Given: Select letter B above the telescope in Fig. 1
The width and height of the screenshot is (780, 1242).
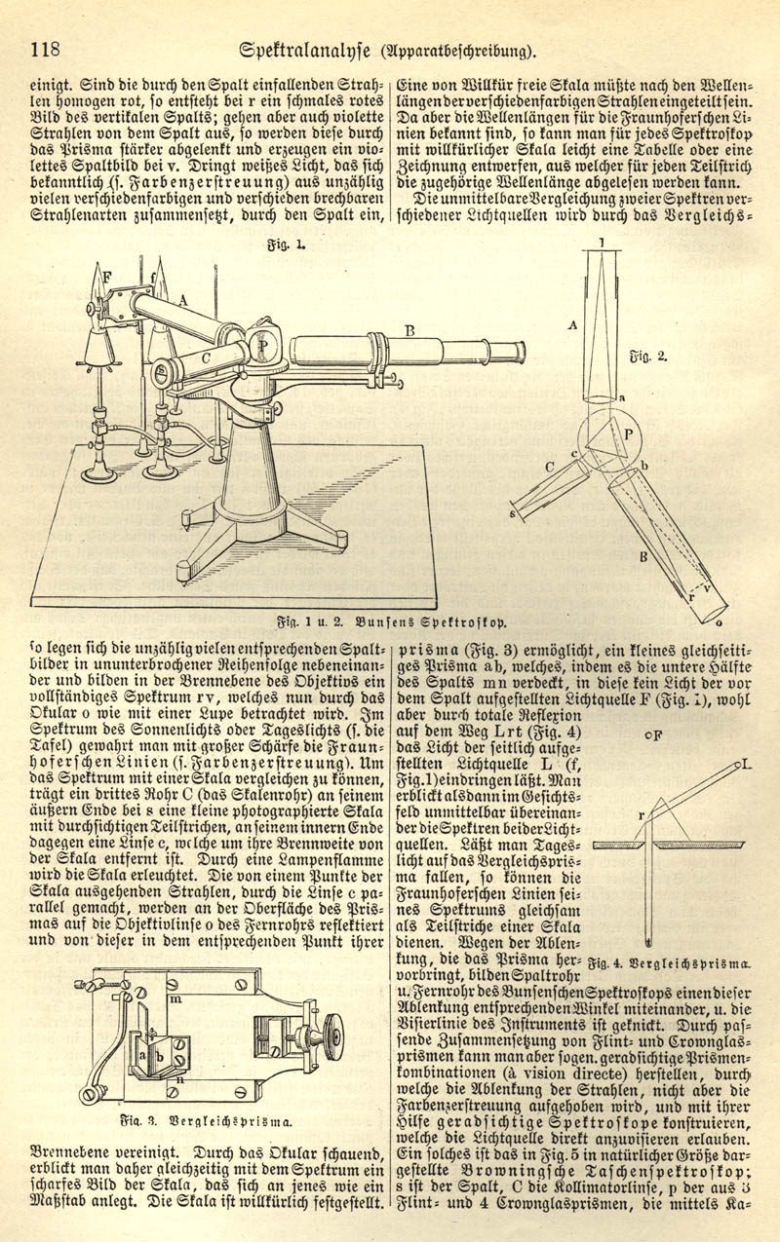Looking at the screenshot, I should pos(410,331).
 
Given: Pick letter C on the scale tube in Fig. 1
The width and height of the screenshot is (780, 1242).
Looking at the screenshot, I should pos(207,358).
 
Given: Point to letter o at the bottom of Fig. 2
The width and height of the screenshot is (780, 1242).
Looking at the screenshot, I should pos(720,621).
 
